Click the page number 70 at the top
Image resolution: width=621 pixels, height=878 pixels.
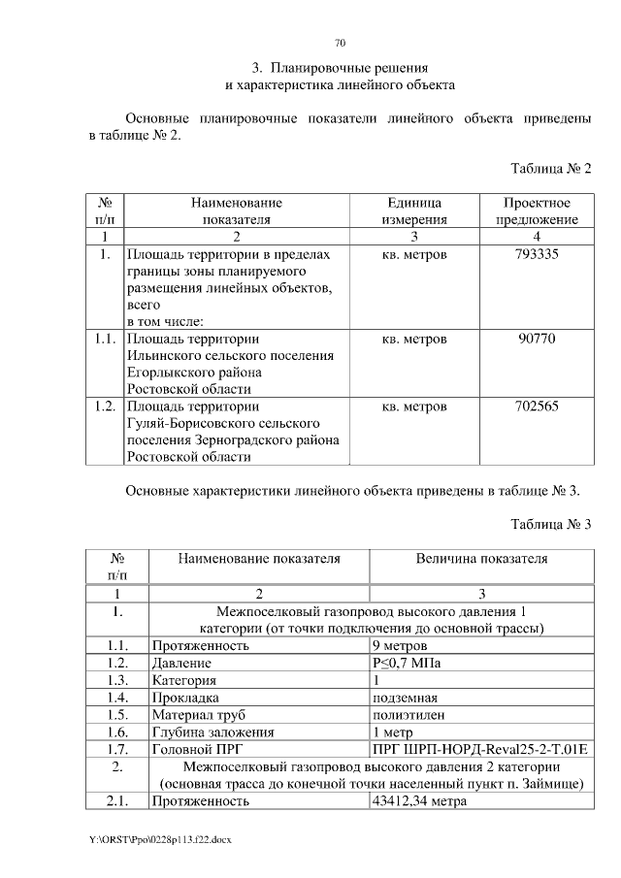point(340,44)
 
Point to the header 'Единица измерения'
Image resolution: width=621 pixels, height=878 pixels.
point(414,211)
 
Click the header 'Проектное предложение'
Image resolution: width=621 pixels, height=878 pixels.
point(537,211)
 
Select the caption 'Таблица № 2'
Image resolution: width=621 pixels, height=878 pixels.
point(551,169)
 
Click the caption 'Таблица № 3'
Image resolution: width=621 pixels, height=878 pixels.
point(551,524)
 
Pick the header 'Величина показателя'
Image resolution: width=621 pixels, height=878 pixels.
point(481,559)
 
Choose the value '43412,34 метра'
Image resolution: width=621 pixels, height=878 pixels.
point(419,801)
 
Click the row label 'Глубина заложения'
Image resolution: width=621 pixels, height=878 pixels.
point(213,732)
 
